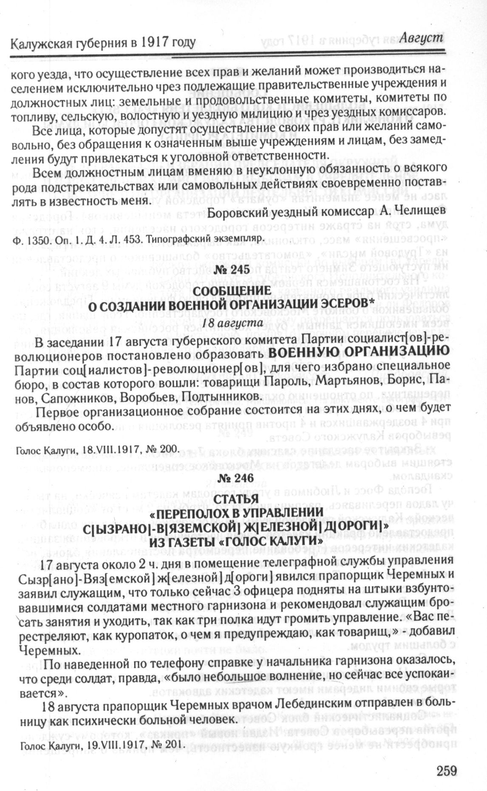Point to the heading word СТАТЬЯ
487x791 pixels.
click(237, 499)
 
